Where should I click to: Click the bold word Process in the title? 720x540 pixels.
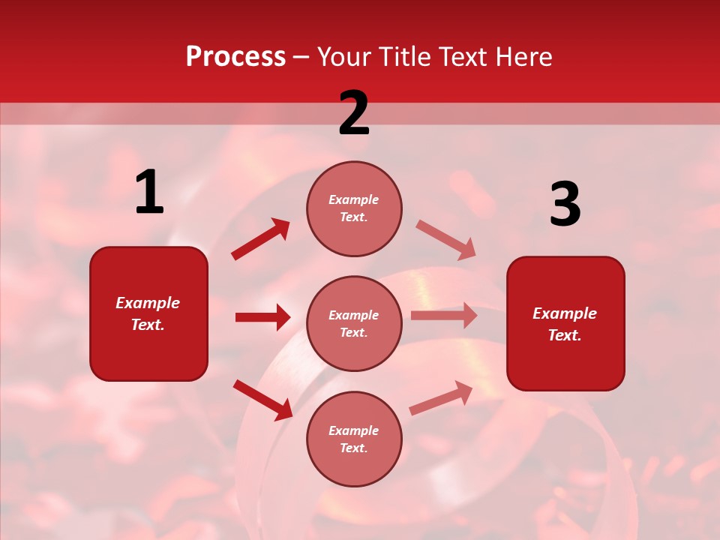coord(235,57)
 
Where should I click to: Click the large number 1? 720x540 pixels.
coord(149,192)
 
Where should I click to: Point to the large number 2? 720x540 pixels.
coord(354,113)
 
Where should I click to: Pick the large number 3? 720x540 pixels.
coord(565,205)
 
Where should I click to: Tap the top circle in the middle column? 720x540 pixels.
coord(354,208)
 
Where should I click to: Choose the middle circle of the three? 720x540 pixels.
coord(354,323)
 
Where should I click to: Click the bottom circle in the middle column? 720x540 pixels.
coord(354,439)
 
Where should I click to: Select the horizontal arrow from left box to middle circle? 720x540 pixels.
coord(262,317)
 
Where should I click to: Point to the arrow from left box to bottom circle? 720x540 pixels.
coord(263,400)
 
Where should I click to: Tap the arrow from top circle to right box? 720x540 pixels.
coord(446,240)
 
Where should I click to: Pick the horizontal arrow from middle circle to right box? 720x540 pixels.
coord(444,316)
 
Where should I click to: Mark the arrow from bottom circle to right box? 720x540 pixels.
coord(441,398)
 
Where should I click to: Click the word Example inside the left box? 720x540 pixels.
coord(148,303)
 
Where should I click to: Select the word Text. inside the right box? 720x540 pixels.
coord(565,335)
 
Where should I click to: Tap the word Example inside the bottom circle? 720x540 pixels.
coord(354,430)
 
